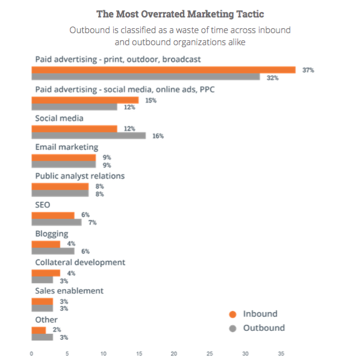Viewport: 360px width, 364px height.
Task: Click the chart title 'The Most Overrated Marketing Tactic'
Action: coord(179,13)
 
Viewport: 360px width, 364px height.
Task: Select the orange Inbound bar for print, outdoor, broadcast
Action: coord(163,70)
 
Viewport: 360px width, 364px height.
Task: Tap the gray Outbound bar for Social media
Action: coord(88,136)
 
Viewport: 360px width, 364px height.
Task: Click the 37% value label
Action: coord(308,71)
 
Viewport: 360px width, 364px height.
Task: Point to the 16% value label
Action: coord(157,136)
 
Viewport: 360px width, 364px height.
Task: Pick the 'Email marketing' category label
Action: coord(66,147)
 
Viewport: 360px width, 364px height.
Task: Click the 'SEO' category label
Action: coord(43,205)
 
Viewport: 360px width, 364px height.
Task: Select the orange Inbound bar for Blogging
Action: coord(46,244)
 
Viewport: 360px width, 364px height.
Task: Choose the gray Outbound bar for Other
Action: coord(42,337)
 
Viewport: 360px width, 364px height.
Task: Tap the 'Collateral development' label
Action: coord(80,263)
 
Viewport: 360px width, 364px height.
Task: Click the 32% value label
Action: coord(272,78)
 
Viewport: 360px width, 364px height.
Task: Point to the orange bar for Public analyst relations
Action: coord(60,186)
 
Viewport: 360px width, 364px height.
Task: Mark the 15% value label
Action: coord(150,100)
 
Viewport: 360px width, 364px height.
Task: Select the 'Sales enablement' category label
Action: coord(69,291)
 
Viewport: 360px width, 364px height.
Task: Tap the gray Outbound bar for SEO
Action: coord(56,222)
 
